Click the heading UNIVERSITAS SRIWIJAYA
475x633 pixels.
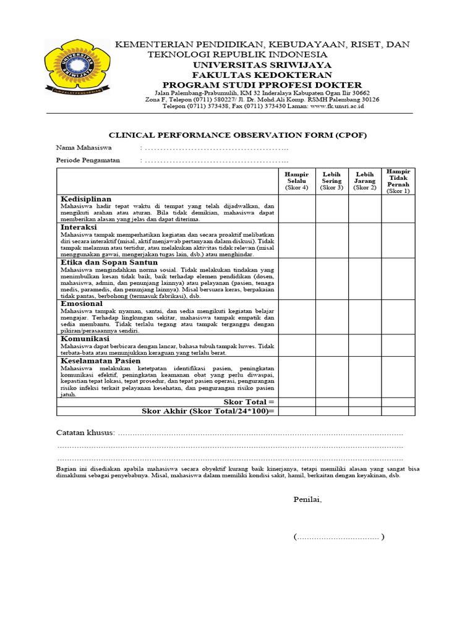262,65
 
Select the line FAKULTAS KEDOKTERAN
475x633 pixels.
262,75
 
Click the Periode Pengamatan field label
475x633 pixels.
88,160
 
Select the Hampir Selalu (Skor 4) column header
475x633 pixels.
297,181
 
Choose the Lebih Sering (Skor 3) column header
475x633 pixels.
332,181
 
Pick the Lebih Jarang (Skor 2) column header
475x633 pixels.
365,181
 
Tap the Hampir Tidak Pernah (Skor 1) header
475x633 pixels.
398,181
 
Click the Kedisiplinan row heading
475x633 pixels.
86,199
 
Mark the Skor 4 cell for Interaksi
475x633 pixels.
297,240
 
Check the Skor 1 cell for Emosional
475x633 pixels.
398,317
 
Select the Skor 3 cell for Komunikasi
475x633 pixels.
332,346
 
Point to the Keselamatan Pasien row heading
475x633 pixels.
100,360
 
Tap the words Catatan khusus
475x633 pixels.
85,432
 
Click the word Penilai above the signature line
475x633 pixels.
307,499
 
